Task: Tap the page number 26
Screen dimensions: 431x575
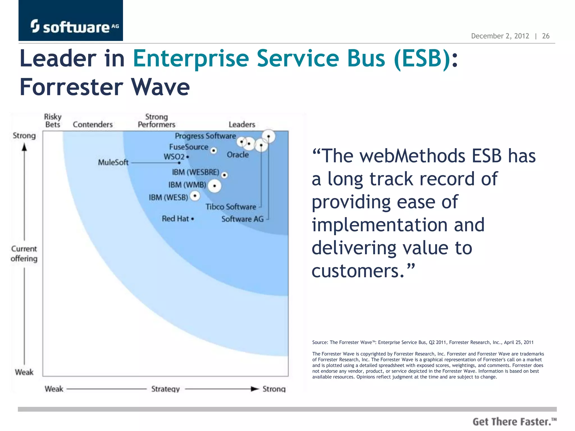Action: click(546, 36)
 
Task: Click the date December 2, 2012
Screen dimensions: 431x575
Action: click(500, 36)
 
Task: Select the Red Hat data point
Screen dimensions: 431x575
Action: click(193, 219)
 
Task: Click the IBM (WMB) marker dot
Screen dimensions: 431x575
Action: click(215, 186)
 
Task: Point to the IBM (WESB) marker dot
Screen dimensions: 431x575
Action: click(195, 196)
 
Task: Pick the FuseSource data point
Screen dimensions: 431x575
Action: click(214, 151)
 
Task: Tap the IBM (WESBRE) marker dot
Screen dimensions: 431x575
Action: click(224, 175)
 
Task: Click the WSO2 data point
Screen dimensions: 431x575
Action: click(187, 157)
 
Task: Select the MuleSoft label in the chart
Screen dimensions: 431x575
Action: click(113, 162)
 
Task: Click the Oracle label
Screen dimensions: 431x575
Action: click(238, 155)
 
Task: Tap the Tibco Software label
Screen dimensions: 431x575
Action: click(231, 207)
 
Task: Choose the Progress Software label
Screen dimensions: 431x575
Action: click(205, 136)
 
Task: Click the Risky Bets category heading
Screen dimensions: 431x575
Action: click(53, 121)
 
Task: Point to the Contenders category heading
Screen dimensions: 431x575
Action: click(93, 124)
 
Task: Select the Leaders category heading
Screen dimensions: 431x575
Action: click(242, 124)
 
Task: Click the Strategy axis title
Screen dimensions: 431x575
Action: click(165, 389)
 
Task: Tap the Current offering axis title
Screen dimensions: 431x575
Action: click(24, 254)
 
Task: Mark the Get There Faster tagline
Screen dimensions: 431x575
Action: click(514, 422)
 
